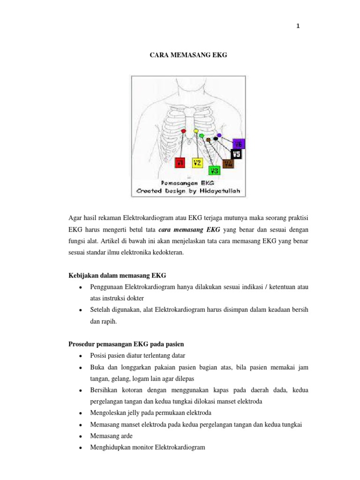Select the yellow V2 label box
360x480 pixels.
tap(197, 163)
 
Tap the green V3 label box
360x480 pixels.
tap(215, 171)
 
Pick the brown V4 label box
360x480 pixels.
tap(228, 164)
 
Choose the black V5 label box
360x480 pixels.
tap(236, 153)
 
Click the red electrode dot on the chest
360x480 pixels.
tap(184, 131)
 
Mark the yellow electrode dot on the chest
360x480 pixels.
tap(196, 131)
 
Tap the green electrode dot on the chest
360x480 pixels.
tap(202, 135)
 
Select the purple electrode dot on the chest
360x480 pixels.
tap(219, 135)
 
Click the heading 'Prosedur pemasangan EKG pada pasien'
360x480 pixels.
tap(127, 344)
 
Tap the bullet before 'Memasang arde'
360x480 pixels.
tap(81, 436)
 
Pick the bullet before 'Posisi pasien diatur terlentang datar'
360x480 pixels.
tap(81, 356)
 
